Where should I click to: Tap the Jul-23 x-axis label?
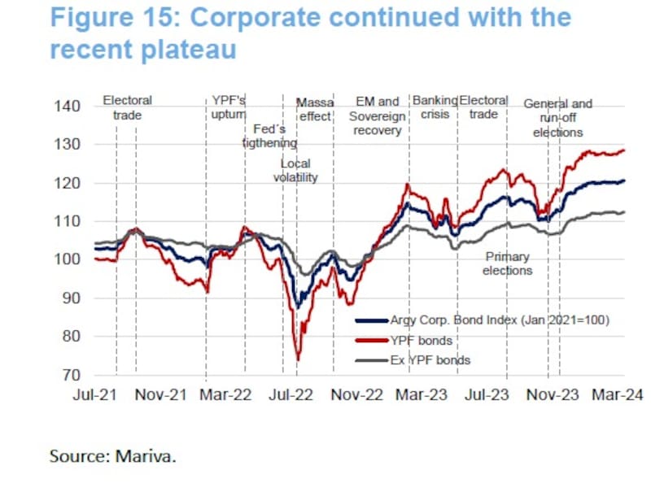pyautogui.click(x=489, y=394)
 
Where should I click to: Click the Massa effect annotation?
pyautogui.click(x=314, y=110)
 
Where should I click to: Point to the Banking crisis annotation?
pyautogui.click(x=435, y=107)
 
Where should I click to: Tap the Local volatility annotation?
pyautogui.click(x=295, y=171)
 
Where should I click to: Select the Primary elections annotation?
pyautogui.click(x=507, y=263)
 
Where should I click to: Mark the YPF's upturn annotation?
pyautogui.click(x=229, y=107)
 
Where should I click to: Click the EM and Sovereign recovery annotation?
pyautogui.click(x=377, y=115)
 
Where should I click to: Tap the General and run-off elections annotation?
pyautogui.click(x=557, y=118)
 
